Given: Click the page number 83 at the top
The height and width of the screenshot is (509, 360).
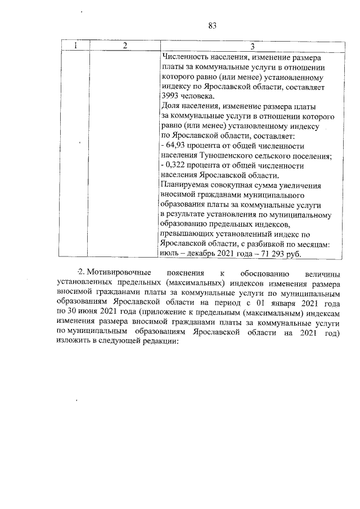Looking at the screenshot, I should (212, 26).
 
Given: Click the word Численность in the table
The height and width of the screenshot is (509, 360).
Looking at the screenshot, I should (184, 57).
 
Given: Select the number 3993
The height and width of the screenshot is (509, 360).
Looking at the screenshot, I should (170, 97).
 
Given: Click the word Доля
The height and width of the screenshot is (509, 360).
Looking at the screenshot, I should (170, 106).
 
